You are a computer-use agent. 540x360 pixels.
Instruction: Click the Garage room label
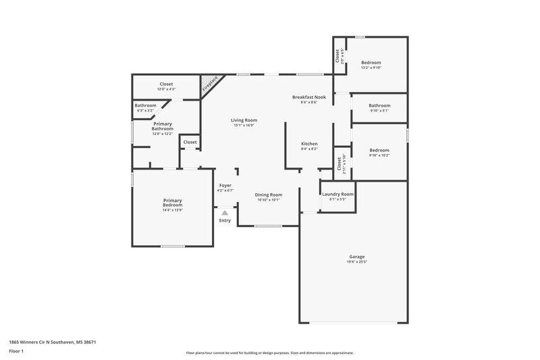click(357, 257)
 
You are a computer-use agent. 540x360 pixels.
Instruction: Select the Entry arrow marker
click(225, 213)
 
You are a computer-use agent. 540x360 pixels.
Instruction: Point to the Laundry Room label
click(337, 194)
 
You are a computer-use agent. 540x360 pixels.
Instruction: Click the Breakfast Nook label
click(309, 97)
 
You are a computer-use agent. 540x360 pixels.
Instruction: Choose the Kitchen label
click(309, 144)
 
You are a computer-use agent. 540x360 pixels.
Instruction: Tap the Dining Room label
click(267, 195)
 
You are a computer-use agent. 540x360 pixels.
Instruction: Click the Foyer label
click(225, 185)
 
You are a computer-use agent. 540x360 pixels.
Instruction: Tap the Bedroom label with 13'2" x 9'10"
click(371, 62)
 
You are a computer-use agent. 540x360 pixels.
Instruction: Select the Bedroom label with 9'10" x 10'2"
click(379, 150)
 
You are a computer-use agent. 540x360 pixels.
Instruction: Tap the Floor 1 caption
click(16, 352)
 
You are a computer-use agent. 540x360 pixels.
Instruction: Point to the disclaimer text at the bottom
click(270, 353)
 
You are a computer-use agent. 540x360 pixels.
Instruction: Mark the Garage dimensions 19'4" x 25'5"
click(357, 261)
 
